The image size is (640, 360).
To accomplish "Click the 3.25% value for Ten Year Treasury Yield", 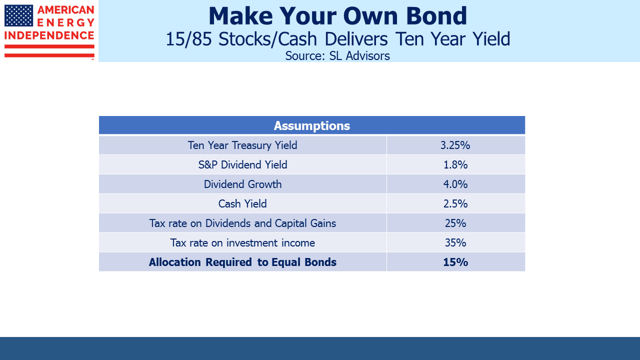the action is pos(455,145).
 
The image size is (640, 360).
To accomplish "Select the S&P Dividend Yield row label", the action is pos(242,165).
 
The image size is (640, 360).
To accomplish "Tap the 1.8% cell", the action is pos(455,165).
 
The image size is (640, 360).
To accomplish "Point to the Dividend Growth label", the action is pos(242,184).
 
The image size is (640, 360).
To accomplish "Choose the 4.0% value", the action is pos(455,184).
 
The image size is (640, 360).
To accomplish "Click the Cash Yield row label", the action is pos(242,203).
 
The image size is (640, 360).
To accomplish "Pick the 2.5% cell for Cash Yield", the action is pos(455,203).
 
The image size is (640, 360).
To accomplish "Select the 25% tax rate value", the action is pos(455,223).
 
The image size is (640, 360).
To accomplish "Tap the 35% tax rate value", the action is pos(455,242).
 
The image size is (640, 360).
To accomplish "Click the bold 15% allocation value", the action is pos(455,262).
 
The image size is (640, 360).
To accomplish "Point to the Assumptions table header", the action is pos(311,125).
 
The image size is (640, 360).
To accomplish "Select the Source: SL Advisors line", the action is pos(337,55).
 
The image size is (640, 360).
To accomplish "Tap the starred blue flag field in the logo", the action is pos(19,15).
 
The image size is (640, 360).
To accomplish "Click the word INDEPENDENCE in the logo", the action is pos(49,35).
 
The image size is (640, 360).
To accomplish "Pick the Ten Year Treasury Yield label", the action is pos(242,145).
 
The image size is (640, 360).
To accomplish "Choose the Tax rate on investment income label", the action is pos(242,243).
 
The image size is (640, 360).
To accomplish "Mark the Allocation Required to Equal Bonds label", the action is pos(242,262).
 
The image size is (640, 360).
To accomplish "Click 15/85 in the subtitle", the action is pos(188,39).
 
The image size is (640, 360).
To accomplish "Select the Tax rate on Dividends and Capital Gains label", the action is pos(242,223).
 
